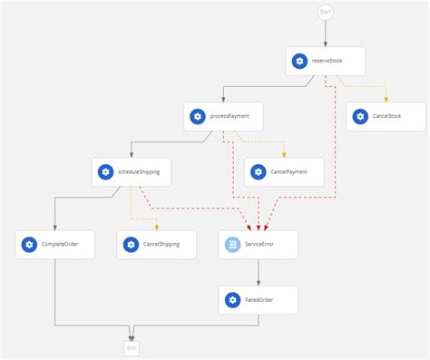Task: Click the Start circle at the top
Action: click(x=325, y=12)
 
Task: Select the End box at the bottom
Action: click(x=132, y=346)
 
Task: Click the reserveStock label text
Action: click(x=327, y=62)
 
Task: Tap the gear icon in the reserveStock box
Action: click(x=298, y=62)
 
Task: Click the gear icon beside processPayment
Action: click(x=197, y=116)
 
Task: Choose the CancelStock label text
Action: click(x=386, y=116)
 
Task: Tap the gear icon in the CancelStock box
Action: click(x=358, y=116)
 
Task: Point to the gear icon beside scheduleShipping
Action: click(x=105, y=171)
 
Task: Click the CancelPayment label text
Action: click(x=289, y=171)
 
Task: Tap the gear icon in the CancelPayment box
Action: click(x=258, y=171)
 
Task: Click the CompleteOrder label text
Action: click(x=60, y=245)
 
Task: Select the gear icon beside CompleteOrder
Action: click(x=29, y=245)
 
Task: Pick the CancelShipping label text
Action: click(x=161, y=245)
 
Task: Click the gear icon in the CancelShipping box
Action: click(x=131, y=245)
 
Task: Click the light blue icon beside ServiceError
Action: click(x=232, y=245)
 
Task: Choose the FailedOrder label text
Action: click(x=259, y=299)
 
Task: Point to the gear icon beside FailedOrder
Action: click(x=232, y=299)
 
